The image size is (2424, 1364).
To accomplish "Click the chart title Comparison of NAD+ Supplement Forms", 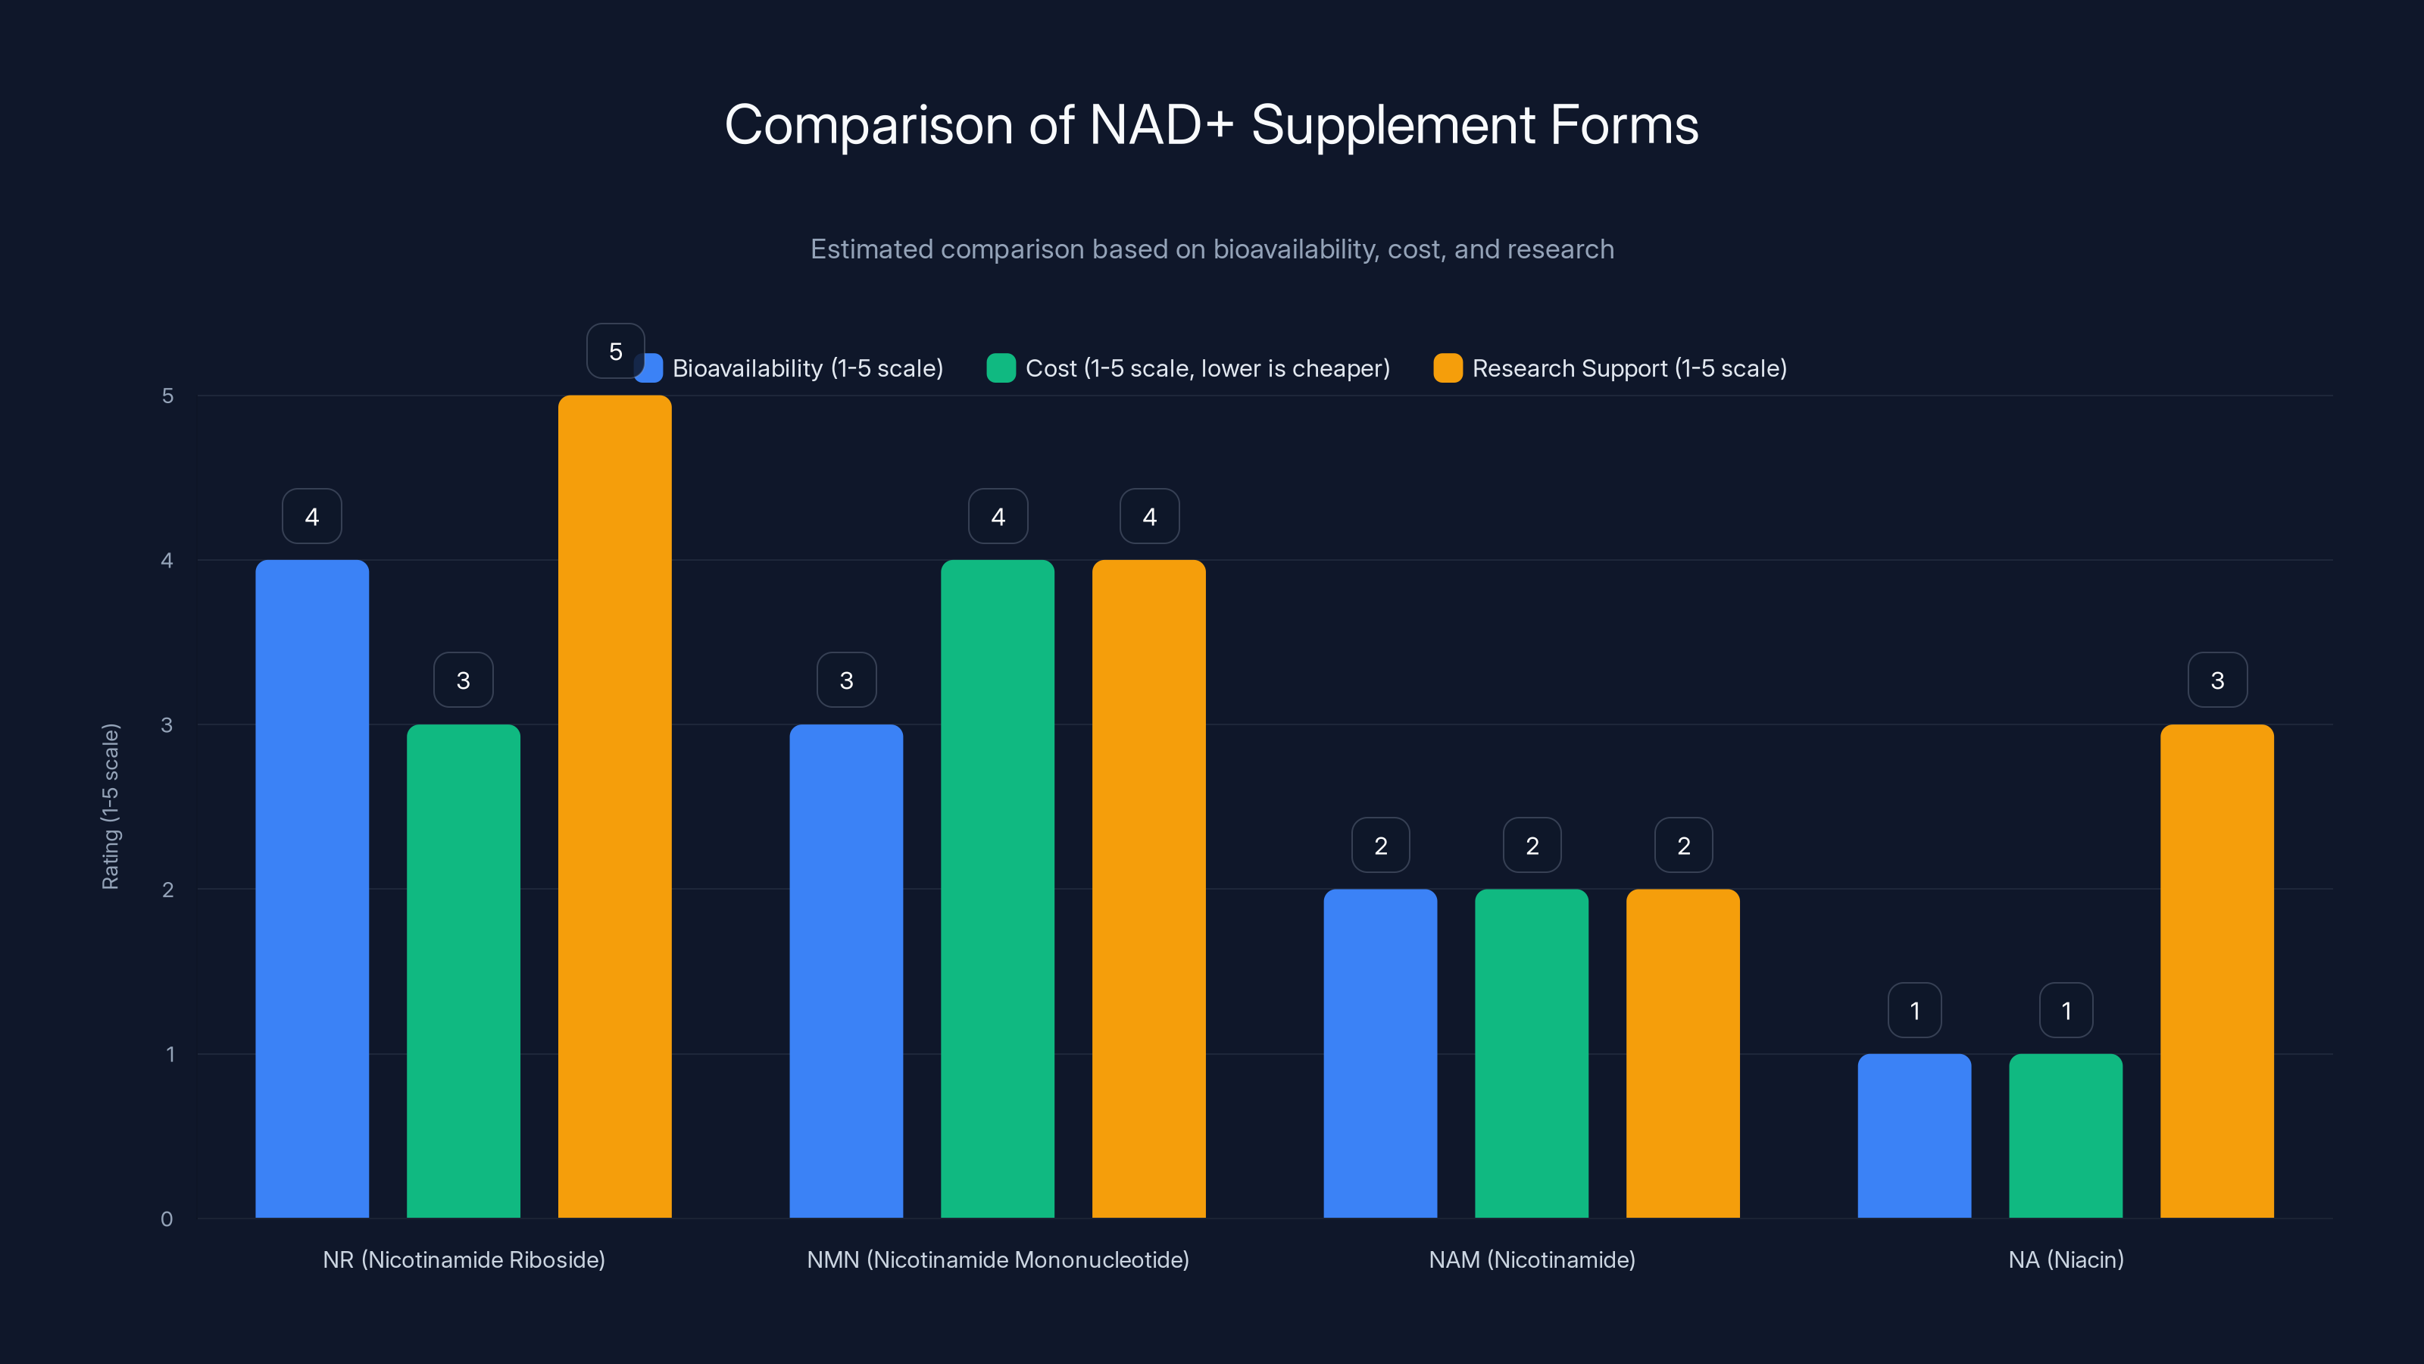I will pyautogui.click(x=1211, y=125).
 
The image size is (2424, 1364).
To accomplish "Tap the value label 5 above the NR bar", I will pyautogui.click(x=614, y=351).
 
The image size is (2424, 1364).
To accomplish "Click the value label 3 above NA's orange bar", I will pyautogui.click(x=2217, y=680).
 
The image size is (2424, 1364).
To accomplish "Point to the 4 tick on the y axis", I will pyautogui.click(x=167, y=560).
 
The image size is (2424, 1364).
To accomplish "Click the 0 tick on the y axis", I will pyautogui.click(x=167, y=1219).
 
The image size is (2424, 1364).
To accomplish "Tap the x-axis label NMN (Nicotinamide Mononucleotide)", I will pyautogui.click(x=998, y=1259).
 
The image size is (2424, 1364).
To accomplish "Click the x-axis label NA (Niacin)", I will pyautogui.click(x=2066, y=1259).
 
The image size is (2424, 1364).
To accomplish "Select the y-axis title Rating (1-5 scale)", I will pyautogui.click(x=111, y=806).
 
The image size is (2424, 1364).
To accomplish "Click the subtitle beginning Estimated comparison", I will pyautogui.click(x=1211, y=249).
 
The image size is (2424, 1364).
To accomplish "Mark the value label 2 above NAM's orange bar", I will pyautogui.click(x=1683, y=846).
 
